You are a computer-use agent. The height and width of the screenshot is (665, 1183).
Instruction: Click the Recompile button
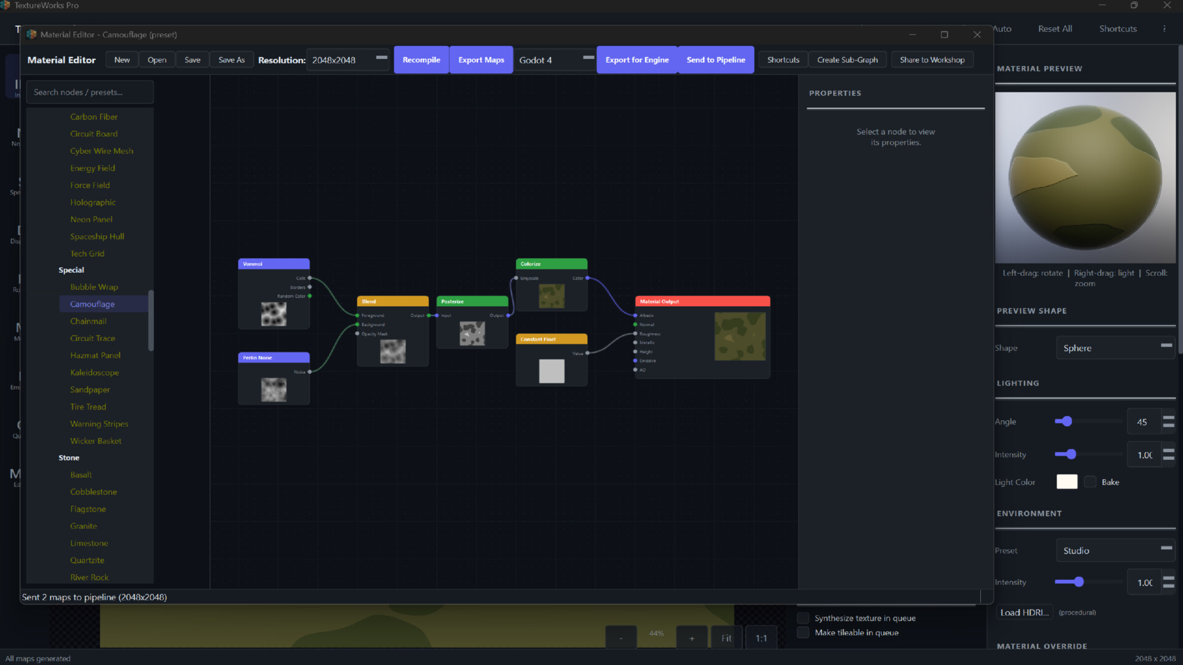click(x=421, y=60)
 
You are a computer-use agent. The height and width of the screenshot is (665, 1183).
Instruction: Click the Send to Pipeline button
click(x=715, y=60)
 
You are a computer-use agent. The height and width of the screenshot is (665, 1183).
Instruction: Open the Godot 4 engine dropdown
click(x=555, y=60)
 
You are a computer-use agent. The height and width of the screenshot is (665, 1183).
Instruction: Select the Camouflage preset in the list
click(x=92, y=304)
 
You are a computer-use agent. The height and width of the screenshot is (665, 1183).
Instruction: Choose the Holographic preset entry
click(x=93, y=202)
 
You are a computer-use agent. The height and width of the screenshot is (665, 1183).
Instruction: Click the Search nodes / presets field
click(x=90, y=92)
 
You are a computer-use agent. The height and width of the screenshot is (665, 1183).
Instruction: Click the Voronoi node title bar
click(x=274, y=264)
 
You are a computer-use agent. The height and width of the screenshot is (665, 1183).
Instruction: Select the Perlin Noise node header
click(x=274, y=358)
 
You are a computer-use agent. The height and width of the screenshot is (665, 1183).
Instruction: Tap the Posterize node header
click(x=472, y=302)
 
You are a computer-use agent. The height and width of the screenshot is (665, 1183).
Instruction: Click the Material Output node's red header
click(x=702, y=302)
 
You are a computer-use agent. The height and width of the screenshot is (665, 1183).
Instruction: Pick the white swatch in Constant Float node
click(x=551, y=371)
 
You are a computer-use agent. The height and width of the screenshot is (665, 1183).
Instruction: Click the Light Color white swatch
click(x=1067, y=482)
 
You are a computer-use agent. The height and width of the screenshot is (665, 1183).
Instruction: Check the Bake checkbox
click(x=1091, y=482)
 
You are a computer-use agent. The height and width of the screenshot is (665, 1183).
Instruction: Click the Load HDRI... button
click(x=1024, y=613)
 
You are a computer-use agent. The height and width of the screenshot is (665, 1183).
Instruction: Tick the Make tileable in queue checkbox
click(x=803, y=632)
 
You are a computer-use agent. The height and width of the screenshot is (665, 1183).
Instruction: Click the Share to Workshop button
click(x=932, y=60)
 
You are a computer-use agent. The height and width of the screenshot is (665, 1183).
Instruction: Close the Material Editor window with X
click(x=977, y=34)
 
